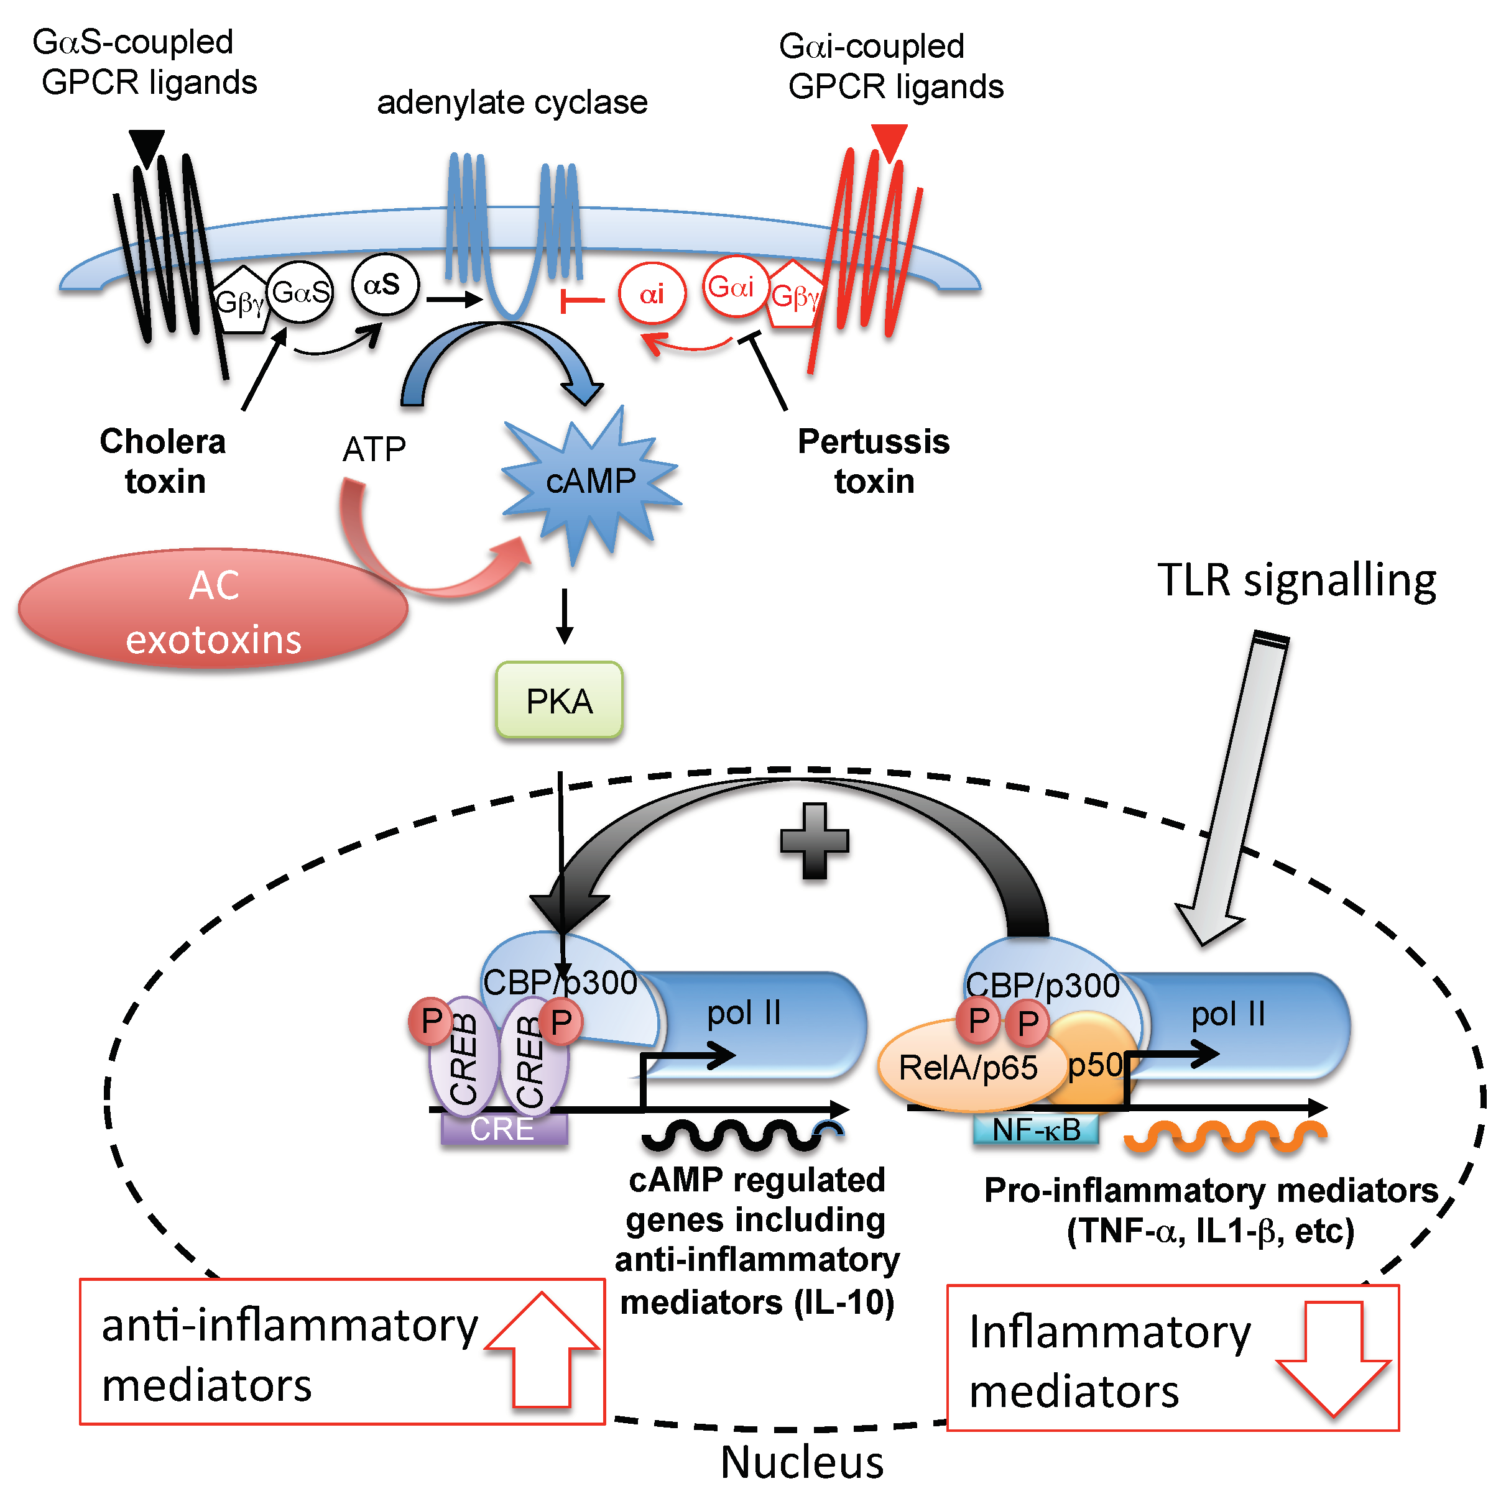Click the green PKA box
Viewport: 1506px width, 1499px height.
click(x=559, y=700)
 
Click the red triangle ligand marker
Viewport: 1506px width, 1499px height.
click(x=889, y=140)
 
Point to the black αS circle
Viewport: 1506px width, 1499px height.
click(x=384, y=285)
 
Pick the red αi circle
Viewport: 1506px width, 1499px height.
click(x=652, y=294)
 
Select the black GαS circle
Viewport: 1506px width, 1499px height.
click(x=301, y=293)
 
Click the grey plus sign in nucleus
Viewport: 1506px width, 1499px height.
click(x=814, y=841)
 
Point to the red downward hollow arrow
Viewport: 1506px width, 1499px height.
click(x=1333, y=1360)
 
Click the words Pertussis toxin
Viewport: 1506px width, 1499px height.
click(x=874, y=461)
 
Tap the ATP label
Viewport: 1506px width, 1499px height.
click(x=374, y=449)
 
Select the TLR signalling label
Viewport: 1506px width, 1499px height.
click(x=1296, y=580)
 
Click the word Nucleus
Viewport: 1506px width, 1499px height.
click(x=802, y=1462)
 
